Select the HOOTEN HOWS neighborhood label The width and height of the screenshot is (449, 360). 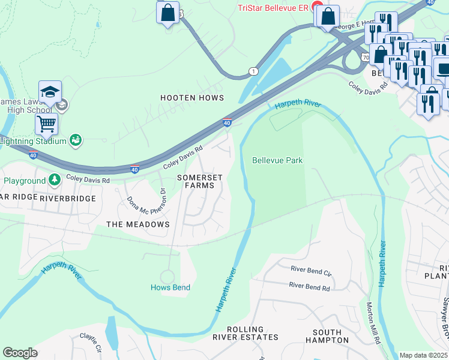tap(191, 97)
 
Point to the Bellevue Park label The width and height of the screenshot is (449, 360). tap(277, 160)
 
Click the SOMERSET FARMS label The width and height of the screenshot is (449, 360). tap(200, 182)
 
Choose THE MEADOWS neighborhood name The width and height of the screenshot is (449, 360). tap(137, 224)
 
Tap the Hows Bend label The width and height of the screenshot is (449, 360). tap(170, 287)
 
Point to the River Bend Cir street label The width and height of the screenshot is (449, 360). tap(311, 271)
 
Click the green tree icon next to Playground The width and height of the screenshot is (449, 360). tap(55, 179)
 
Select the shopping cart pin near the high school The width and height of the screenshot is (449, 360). tap(46, 124)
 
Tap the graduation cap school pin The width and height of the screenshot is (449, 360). tap(50, 91)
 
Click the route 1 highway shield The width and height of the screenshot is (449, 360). tap(254, 71)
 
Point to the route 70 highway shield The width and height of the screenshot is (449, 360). tap(366, 57)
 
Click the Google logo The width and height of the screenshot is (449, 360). tap(20, 352)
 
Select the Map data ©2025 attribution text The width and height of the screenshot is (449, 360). tap(423, 355)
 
